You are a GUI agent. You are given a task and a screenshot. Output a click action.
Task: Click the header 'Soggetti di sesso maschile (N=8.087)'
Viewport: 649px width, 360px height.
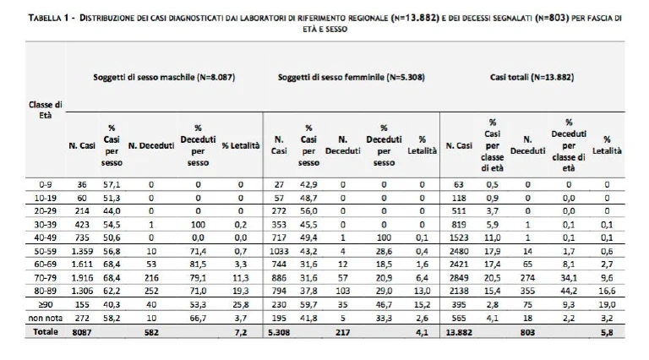(164, 77)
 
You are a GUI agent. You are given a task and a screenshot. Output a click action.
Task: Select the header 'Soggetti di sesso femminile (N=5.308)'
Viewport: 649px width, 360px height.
(352, 77)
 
